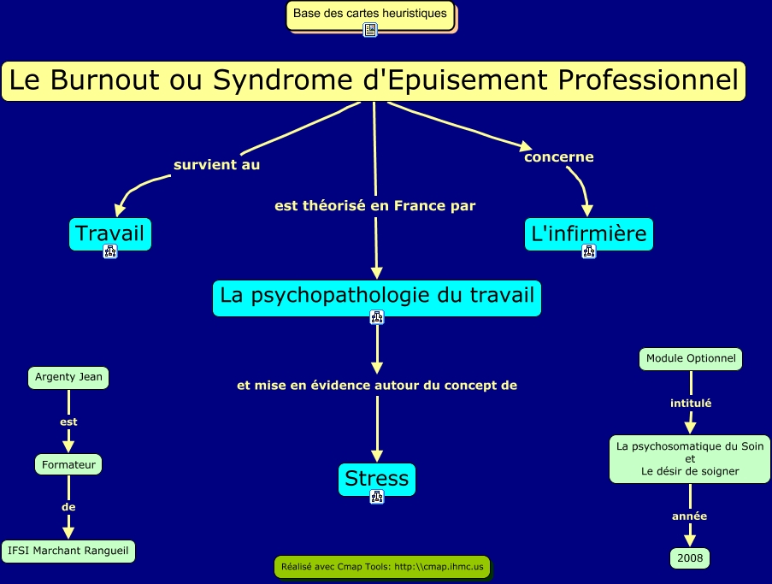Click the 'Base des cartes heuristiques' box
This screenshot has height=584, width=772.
pos(370,14)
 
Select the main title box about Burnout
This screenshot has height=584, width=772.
pos(374,81)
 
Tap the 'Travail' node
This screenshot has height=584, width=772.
pos(110,233)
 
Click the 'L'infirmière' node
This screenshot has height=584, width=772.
pos(589,233)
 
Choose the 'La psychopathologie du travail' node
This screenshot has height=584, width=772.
pos(377,296)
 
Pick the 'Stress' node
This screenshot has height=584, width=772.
pos(376,478)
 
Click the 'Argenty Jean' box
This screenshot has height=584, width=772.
pos(68,377)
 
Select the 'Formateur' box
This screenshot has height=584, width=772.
pos(68,464)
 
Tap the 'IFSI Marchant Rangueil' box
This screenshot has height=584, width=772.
pos(68,551)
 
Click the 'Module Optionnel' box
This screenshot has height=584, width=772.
pos(691,359)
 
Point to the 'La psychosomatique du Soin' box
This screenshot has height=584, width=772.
pos(690,458)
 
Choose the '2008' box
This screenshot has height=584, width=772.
pos(690,558)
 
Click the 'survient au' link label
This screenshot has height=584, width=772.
pos(216,164)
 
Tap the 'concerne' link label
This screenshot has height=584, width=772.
pos(559,157)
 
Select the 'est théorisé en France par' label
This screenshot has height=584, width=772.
pos(374,206)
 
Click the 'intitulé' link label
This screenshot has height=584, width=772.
pos(690,403)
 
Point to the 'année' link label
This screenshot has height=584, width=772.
pos(689,516)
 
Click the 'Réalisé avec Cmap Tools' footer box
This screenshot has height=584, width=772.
pos(382,566)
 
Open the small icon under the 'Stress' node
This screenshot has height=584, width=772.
pos(376,497)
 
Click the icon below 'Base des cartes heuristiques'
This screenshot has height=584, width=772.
pos(370,30)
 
